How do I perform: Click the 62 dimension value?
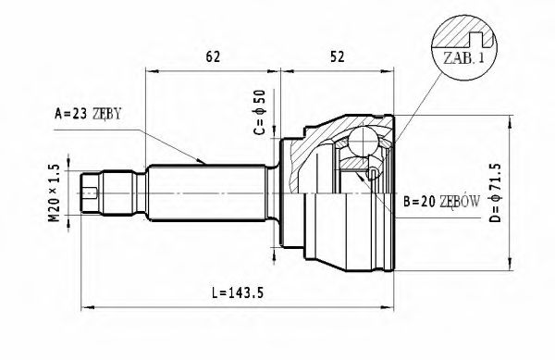213,56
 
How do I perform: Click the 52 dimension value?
337,56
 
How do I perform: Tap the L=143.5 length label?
238,292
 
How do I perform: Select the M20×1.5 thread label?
55,193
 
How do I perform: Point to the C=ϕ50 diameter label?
259,112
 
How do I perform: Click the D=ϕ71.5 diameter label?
495,192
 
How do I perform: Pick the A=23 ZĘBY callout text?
88,114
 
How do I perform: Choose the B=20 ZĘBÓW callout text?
442,202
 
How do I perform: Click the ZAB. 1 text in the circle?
463,58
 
